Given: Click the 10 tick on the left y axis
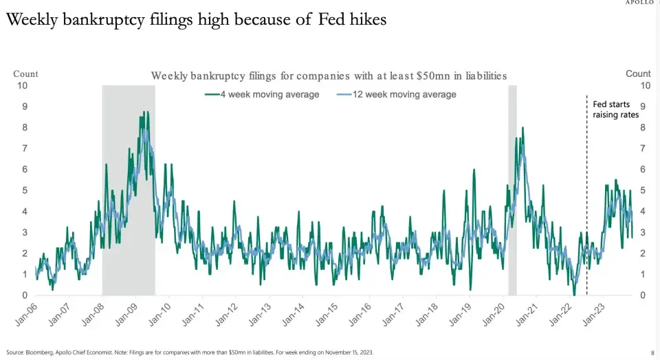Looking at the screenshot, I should click(23, 85).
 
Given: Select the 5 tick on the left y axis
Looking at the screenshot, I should click(25, 190).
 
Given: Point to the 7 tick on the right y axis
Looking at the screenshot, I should click(643, 148).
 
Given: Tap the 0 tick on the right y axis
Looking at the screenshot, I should click(643, 295).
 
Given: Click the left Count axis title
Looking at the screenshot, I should click(25, 74).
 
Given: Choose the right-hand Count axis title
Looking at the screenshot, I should click(638, 74).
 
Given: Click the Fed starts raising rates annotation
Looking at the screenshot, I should click(615, 109).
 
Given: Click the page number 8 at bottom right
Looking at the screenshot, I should click(652, 352).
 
